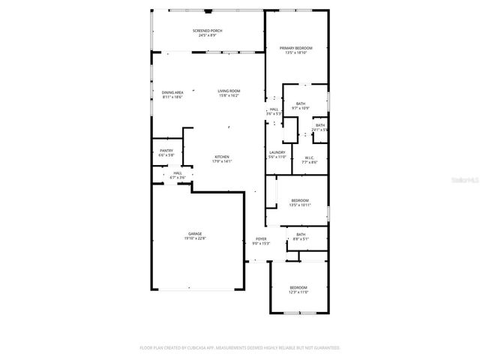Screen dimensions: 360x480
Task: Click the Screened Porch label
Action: [x=207, y=31]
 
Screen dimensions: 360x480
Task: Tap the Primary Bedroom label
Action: [x=296, y=48]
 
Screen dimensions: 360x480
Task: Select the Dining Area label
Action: [x=172, y=92]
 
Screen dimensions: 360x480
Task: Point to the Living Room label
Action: [x=229, y=91]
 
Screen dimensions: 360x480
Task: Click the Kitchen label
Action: [x=222, y=157]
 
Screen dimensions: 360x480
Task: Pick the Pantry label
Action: [x=166, y=151]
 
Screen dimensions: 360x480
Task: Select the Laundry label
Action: [x=277, y=152]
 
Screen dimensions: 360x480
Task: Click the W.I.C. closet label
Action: [x=310, y=157]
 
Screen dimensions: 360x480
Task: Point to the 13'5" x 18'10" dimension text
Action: [x=296, y=52]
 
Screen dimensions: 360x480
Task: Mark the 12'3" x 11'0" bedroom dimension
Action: [x=298, y=292]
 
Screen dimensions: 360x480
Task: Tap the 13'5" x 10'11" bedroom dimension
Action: [x=300, y=205]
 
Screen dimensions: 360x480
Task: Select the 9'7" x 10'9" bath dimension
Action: [x=301, y=108]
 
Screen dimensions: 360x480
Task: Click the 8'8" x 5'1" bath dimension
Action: [x=301, y=239]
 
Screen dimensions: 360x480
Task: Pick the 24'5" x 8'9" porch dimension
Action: [x=207, y=35]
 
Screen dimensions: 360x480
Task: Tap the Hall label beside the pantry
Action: [x=178, y=173]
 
